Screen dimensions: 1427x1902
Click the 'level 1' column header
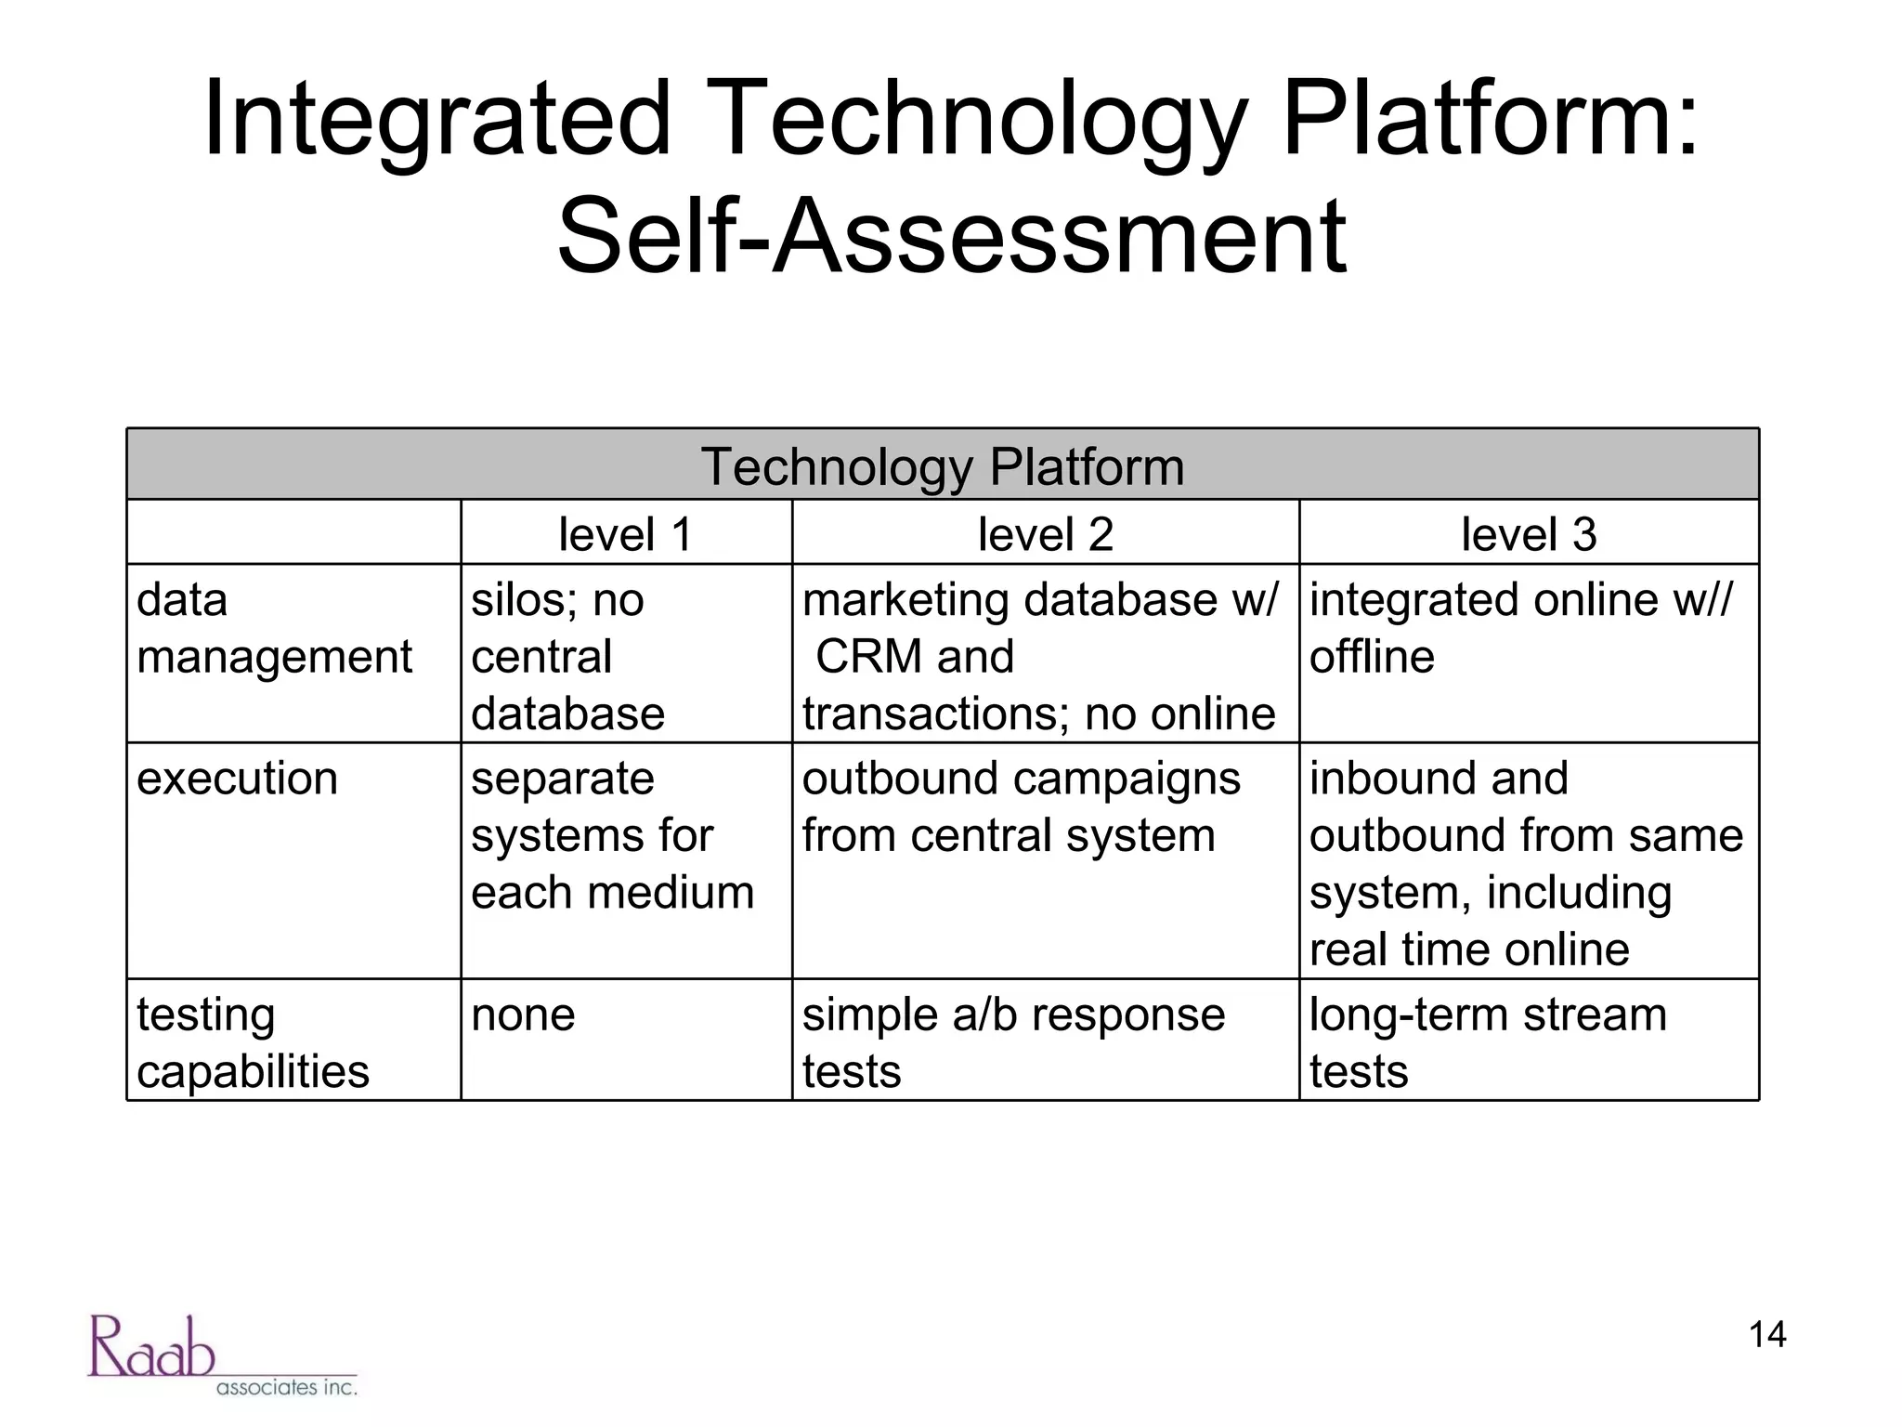[625, 534]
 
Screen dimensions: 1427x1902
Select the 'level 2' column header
[1045, 534]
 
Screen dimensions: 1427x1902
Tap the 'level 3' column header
[1528, 534]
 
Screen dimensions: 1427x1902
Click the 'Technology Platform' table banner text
[942, 466]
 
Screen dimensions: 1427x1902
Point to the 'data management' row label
[274, 629]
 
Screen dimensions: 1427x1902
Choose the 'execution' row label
[237, 779]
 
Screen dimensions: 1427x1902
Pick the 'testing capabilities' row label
[253, 1042]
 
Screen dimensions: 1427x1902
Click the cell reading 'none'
[523, 1015]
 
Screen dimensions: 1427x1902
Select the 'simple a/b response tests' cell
[1013, 1042]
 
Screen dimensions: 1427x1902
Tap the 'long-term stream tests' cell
[1488, 1042]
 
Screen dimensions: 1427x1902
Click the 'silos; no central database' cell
[567, 657]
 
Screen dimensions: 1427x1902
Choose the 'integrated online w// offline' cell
[1519, 629]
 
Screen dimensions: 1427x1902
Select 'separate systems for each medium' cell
[612, 835]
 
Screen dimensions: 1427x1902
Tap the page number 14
[1766, 1335]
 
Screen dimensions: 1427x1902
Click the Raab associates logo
[222, 1355]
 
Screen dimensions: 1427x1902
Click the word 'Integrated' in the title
[436, 120]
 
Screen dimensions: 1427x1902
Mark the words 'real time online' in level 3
[1468, 949]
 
